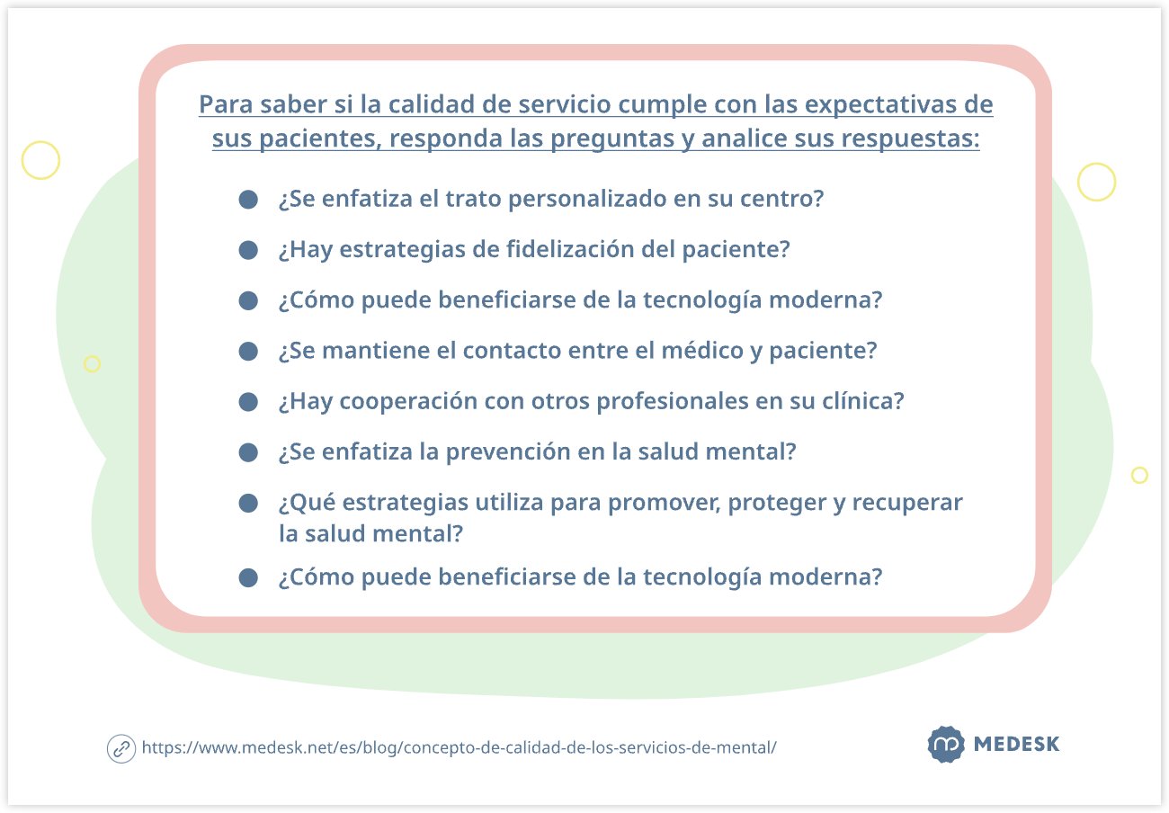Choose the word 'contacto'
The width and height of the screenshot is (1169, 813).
512,351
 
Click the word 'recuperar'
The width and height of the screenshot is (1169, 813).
908,502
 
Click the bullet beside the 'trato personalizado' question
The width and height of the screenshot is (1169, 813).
248,200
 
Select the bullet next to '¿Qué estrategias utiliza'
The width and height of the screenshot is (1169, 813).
248,503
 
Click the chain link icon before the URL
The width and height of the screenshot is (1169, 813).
120,748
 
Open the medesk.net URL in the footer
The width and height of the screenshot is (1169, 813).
459,748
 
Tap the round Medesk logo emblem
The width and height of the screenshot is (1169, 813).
945,745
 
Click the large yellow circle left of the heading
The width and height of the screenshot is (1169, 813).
40,160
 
